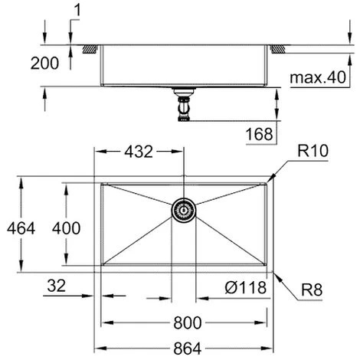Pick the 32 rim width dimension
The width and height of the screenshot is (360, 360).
56,287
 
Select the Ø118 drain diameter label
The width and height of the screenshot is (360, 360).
247,288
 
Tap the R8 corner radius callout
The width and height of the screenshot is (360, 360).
310,291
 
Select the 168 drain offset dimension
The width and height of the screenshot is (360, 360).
260,135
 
